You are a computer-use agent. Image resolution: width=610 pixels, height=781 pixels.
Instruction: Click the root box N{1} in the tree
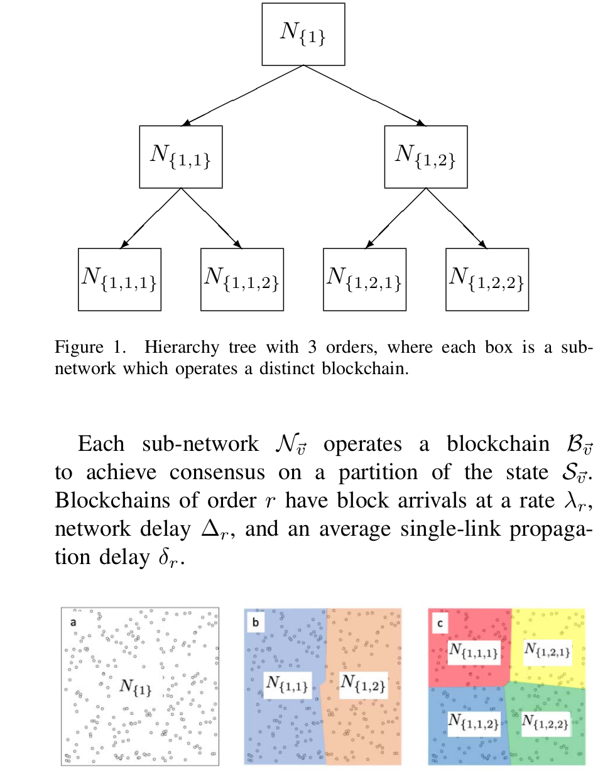[303, 34]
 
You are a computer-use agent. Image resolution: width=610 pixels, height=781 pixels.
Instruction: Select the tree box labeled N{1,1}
[180, 157]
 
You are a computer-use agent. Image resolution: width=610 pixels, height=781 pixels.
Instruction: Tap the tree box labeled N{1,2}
[425, 157]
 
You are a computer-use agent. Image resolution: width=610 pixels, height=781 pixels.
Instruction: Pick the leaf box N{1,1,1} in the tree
[119, 279]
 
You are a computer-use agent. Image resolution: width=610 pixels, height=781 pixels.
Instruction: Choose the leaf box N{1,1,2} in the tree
[242, 279]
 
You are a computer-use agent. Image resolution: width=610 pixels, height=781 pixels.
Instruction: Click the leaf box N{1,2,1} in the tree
[364, 279]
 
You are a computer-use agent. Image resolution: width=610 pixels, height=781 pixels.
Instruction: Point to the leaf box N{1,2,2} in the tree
[487, 279]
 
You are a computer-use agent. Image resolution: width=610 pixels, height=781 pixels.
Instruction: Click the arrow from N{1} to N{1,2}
[364, 95]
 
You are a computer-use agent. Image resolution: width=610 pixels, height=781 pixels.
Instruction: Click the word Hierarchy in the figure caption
[182, 347]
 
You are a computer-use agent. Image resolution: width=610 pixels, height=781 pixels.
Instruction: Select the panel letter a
[74, 622]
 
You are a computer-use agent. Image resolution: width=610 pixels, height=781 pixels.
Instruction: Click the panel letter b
[256, 622]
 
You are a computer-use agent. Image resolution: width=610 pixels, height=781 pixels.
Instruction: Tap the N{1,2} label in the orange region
[362, 683]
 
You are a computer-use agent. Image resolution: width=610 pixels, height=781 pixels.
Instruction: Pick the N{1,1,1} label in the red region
[474, 651]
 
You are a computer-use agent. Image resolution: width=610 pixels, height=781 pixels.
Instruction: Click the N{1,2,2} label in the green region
[545, 722]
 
